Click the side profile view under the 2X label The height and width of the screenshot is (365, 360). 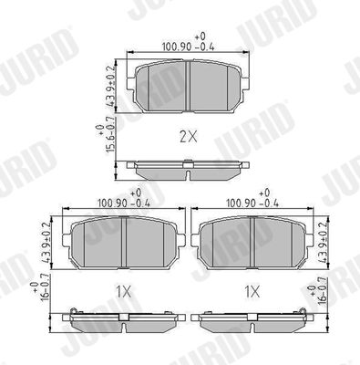[188, 168]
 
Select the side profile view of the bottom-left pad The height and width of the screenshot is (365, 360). [122, 317]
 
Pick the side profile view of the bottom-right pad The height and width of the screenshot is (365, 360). [252, 317]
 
